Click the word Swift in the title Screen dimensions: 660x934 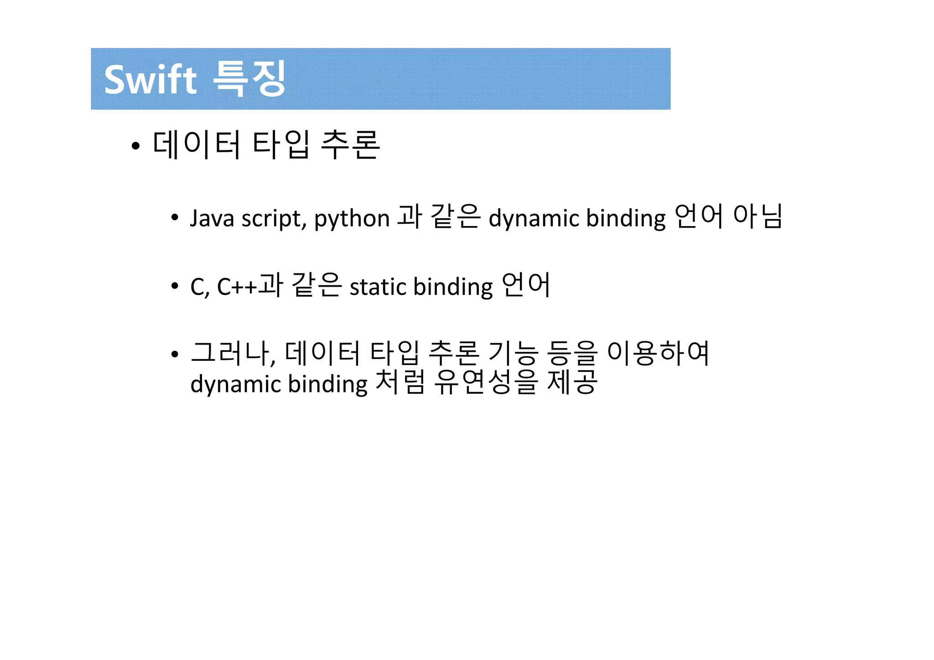pyautogui.click(x=150, y=80)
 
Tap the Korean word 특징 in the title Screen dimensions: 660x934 pyautogui.click(x=249, y=78)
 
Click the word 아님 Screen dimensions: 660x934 pyautogui.click(x=758, y=216)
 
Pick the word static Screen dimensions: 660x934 pyautogui.click(x=378, y=287)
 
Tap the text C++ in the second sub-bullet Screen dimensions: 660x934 pyautogui.click(x=237, y=287)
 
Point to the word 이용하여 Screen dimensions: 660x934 pyautogui.click(x=658, y=353)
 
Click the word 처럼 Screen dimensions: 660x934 pyautogui.click(x=400, y=382)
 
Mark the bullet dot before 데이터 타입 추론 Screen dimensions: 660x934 pyautogui.click(x=135, y=146)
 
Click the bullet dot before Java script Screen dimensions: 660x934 pyautogui.click(x=175, y=217)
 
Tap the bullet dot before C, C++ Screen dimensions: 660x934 pyautogui.click(x=175, y=286)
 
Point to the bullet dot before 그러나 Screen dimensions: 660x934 pyautogui.click(x=175, y=354)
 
